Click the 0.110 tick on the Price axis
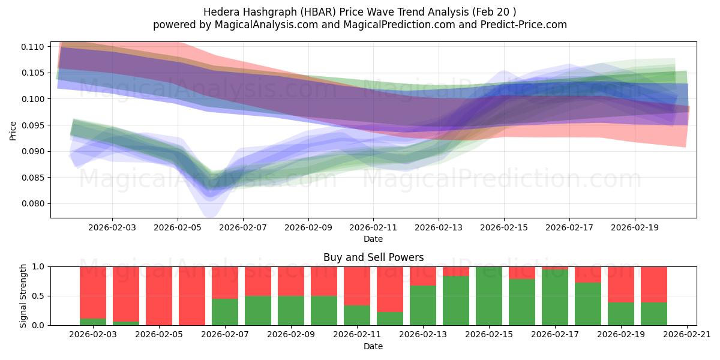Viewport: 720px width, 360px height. coord(35,47)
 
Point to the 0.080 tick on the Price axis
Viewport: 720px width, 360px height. coord(35,203)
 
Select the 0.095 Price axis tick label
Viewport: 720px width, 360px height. coord(35,125)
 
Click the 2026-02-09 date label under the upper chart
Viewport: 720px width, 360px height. coord(308,227)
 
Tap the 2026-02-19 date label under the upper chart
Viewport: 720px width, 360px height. coord(635,227)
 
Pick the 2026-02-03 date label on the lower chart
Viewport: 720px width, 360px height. coord(93,335)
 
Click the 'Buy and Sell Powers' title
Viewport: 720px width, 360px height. coord(373,257)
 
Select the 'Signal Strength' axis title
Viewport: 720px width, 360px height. coord(23,296)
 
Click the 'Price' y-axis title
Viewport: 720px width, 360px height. coord(13,130)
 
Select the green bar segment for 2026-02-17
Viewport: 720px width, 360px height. coord(555,297)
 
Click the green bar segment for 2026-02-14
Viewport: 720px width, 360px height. coord(456,300)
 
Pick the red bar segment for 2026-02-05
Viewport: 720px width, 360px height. coord(159,295)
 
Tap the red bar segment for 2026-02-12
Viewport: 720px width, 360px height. coord(390,289)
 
